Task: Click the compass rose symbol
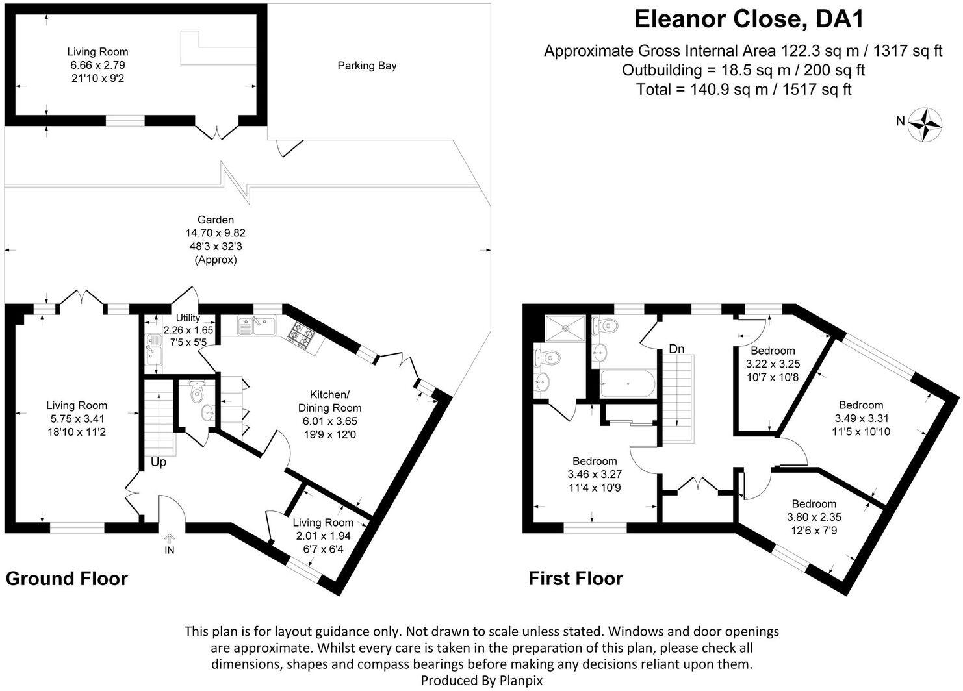pos(925,123)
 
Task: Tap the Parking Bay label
pos(366,66)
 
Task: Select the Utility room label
pos(187,318)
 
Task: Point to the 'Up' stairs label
pos(159,462)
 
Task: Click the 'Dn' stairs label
pos(676,349)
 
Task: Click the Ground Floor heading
pos(67,578)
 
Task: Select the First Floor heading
pos(576,578)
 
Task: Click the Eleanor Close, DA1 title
pos(749,19)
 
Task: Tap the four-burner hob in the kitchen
pos(302,334)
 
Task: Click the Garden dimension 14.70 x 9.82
pos(216,233)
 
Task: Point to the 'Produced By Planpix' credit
pos(481,681)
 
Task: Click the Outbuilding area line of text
pos(743,70)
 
